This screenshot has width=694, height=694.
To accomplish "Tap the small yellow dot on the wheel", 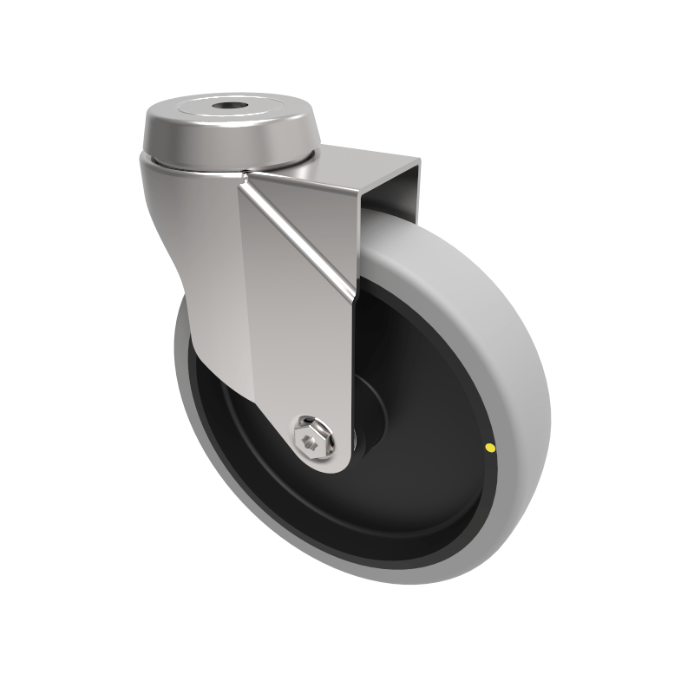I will point(490,448).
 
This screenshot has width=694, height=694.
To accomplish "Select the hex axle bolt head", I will point(312,439).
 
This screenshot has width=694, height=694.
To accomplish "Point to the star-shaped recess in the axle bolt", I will point(311,441).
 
